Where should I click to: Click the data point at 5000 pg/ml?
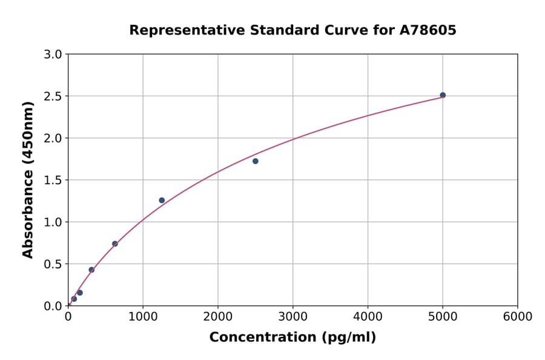pyautogui.click(x=443, y=95)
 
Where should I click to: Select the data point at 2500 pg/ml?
pyautogui.click(x=256, y=161)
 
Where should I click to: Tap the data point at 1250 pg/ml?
pyautogui.click(x=162, y=200)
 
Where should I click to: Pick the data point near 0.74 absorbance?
pyautogui.click(x=115, y=244)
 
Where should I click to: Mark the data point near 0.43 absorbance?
pyautogui.click(x=91, y=270)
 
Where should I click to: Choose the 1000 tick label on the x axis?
pyautogui.click(x=143, y=317)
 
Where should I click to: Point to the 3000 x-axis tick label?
pyautogui.click(x=293, y=317)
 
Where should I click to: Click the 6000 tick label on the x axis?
pyautogui.click(x=518, y=317)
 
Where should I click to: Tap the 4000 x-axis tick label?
pyautogui.click(x=368, y=317)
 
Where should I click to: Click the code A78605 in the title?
pyautogui.click(x=428, y=30)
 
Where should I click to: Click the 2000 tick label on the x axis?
pyautogui.click(x=218, y=317)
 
